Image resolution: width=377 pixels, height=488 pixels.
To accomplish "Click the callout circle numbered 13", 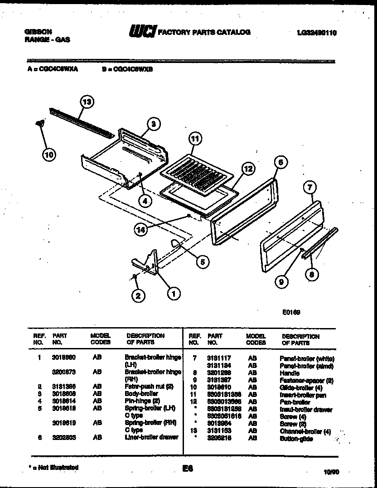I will [87, 102].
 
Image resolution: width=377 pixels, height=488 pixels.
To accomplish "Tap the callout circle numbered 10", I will [48, 155].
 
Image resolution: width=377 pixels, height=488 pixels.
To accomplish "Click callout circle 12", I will [247, 169].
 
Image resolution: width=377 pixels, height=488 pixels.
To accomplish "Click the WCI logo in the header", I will [143, 32].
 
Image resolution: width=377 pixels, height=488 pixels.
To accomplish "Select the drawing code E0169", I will [290, 312].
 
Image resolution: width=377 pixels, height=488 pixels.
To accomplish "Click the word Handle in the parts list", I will [290, 373].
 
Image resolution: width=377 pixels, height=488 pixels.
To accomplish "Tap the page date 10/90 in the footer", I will [331, 472].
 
